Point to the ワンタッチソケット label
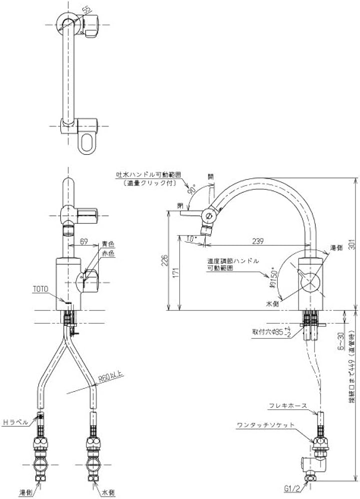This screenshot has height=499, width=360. pos(265,425)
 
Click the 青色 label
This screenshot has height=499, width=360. pos(108,244)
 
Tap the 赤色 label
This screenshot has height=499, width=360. pos(108,253)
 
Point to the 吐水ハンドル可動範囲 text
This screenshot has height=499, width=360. pos(148,175)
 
